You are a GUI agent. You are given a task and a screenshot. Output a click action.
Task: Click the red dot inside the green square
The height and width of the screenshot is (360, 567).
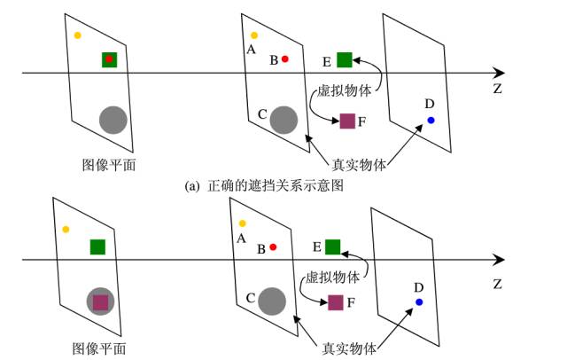[109, 59]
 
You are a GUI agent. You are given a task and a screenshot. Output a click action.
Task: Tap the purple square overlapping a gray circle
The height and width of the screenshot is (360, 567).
[100, 302]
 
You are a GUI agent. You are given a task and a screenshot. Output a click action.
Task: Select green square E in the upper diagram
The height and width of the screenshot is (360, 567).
[345, 59]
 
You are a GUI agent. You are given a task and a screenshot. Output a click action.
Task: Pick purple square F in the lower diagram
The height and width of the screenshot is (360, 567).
[336, 302]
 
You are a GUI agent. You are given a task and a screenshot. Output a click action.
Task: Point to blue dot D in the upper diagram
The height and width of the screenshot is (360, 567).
[431, 120]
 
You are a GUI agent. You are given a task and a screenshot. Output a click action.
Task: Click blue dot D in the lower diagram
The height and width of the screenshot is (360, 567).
[419, 302]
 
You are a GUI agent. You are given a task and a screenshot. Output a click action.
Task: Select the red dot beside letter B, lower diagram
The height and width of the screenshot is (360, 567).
[274, 247]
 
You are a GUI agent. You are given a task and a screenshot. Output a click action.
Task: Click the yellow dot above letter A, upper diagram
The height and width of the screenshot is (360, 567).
[254, 35]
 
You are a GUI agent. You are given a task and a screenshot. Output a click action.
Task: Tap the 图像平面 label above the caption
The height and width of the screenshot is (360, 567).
[109, 164]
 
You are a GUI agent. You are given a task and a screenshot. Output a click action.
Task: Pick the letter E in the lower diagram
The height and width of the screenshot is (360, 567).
[316, 246]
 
